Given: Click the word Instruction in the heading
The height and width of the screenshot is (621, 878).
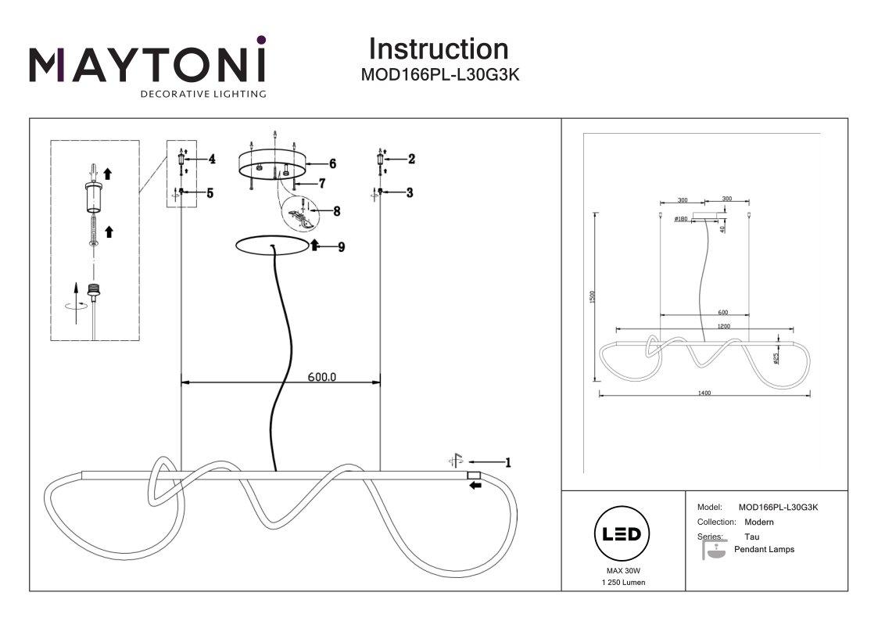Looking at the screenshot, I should click(x=438, y=49).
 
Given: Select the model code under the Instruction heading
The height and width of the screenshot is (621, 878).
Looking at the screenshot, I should click(x=439, y=76).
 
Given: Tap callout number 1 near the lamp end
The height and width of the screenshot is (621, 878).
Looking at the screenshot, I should click(x=507, y=462).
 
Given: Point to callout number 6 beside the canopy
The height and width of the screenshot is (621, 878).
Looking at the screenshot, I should click(x=332, y=163).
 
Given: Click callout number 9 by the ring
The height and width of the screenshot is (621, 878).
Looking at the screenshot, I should click(x=341, y=246).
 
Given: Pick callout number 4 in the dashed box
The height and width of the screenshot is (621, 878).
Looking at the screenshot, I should click(x=211, y=159).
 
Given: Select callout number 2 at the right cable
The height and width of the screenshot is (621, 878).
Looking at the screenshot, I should click(x=410, y=159).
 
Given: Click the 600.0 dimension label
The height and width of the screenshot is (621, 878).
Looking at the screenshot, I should click(x=322, y=376).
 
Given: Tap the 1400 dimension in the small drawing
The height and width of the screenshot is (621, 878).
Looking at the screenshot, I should click(x=704, y=393).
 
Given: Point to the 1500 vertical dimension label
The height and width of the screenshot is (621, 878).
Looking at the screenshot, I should click(x=593, y=297).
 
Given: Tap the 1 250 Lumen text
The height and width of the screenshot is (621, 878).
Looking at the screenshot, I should click(x=623, y=583).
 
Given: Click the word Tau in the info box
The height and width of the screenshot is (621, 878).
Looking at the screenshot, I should click(x=752, y=537).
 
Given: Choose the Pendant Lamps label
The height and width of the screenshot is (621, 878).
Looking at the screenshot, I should click(x=764, y=549).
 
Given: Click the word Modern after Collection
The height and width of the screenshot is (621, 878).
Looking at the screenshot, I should click(x=758, y=522).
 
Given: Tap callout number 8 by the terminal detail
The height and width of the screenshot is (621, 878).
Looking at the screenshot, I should click(x=336, y=210).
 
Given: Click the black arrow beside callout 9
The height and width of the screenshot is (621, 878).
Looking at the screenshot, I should click(x=315, y=246).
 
